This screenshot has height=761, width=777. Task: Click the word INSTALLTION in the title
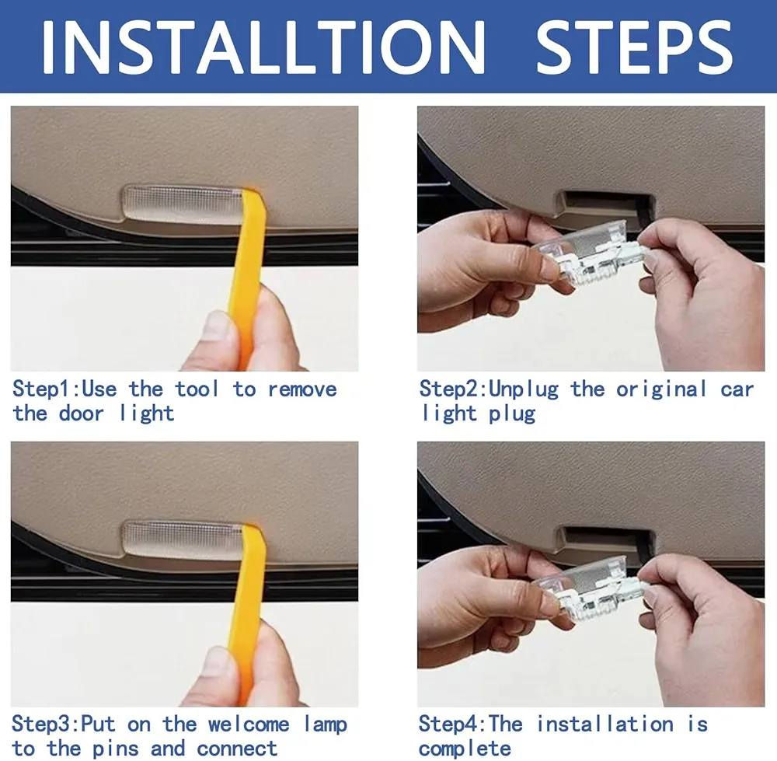tap(263, 47)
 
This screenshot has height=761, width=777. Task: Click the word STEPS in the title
tap(635, 47)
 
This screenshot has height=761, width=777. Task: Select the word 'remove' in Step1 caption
tap(302, 389)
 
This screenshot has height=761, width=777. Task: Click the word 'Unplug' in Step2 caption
tap(523, 389)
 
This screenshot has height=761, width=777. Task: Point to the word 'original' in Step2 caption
tap(661, 389)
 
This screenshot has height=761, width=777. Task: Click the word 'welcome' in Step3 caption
tap(249, 724)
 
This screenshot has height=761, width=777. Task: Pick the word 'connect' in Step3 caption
tap(237, 749)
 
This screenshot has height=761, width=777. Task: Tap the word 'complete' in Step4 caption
tap(465, 749)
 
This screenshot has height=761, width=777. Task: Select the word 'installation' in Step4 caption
tap(605, 724)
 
